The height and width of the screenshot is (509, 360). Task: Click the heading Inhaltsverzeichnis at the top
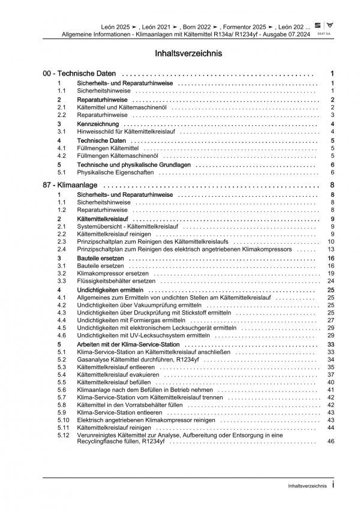(x=179, y=53)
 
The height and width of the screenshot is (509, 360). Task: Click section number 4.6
(x=62, y=336)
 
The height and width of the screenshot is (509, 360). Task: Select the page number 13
(x=330, y=248)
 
